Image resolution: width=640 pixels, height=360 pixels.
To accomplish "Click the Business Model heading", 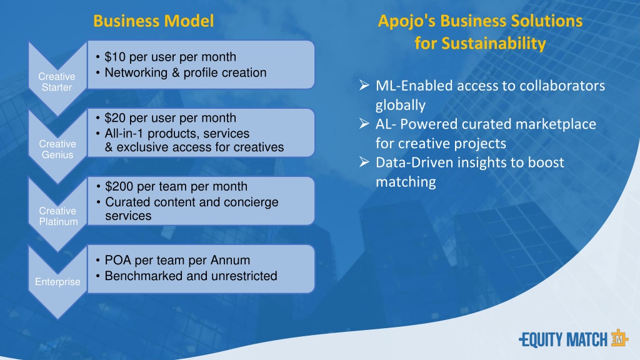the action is coord(154,21).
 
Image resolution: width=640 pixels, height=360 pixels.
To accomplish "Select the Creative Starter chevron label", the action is coord(57,82).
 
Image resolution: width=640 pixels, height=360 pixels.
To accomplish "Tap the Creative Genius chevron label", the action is coord(57,149).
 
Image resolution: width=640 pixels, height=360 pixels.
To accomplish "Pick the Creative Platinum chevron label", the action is coord(58,216).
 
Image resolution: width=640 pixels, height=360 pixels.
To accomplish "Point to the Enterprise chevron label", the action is coord(57,282).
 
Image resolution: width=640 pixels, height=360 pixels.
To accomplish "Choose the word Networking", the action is coord(136,72).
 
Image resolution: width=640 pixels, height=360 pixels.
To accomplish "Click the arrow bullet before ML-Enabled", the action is coord(364,85).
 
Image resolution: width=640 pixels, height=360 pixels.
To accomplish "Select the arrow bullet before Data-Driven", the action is coord(364,162).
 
